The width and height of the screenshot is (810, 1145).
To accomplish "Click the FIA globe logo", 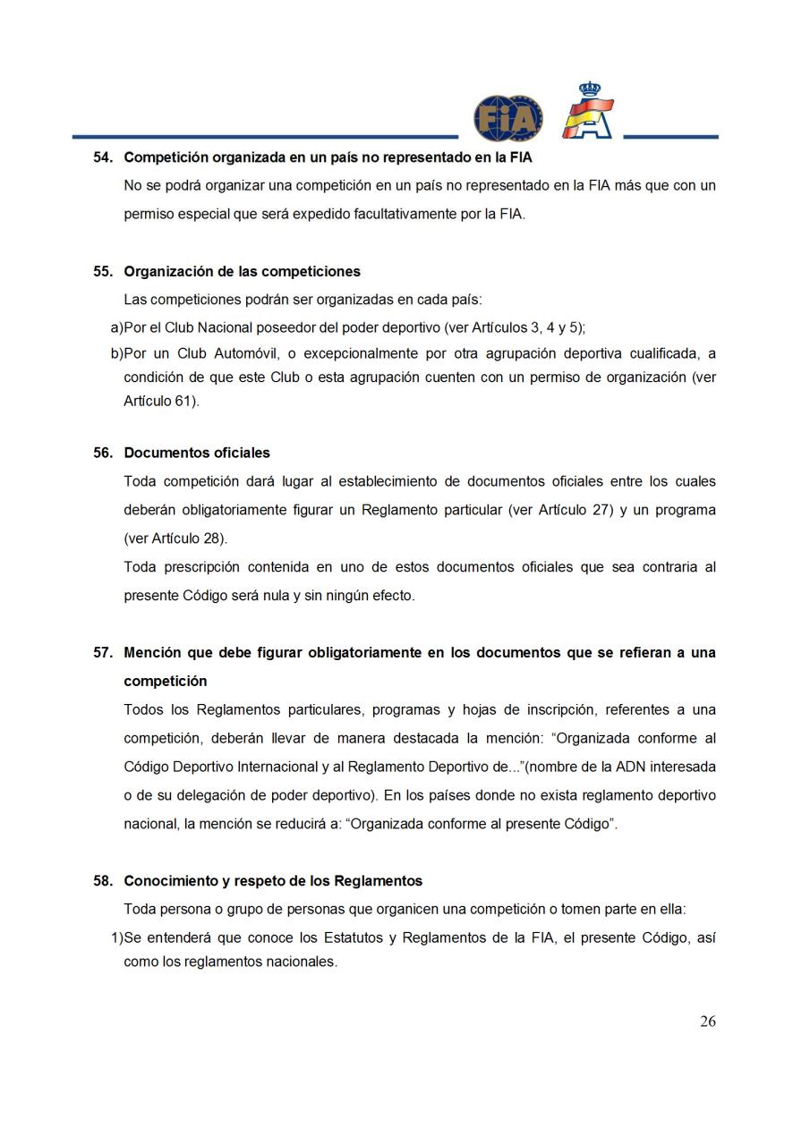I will tap(507, 119).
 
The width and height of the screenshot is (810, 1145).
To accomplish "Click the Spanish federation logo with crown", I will tap(587, 112).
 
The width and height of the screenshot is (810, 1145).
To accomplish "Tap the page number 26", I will tap(707, 1022).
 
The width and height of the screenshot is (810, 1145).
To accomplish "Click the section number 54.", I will tap(103, 157).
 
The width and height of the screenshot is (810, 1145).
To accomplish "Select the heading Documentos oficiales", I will tap(197, 453).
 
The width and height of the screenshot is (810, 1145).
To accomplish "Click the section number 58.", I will tap(103, 881).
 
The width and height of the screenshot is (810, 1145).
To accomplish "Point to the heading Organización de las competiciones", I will tap(242, 271).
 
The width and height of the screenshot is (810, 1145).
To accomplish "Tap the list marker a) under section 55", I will tap(116, 327).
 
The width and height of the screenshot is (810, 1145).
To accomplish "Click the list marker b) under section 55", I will tap(116, 352).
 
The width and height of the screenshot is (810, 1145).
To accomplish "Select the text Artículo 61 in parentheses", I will tap(159, 402).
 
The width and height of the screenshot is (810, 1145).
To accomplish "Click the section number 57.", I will tap(103, 653).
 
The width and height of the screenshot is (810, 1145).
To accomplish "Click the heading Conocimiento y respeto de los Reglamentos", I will tap(273, 881).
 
